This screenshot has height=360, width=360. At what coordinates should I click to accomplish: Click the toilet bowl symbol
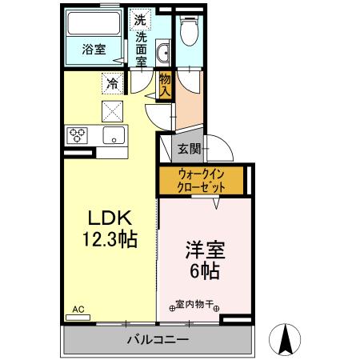190,30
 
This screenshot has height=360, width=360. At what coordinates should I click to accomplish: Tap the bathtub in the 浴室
94,23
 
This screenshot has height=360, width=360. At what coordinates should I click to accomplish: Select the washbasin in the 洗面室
162,53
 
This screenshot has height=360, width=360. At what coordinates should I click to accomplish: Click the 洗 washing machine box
140,19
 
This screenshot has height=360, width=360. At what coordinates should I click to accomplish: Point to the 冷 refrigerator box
112,83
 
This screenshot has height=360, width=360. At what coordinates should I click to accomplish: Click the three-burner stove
78,135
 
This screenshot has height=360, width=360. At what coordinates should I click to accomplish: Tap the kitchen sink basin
114,135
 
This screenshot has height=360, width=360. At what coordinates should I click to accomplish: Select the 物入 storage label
165,85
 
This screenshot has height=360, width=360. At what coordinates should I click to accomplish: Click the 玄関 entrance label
190,149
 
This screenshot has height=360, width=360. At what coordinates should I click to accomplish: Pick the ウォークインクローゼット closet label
201,181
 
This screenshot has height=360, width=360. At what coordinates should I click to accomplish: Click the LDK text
110,218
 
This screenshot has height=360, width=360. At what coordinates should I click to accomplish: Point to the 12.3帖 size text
110,239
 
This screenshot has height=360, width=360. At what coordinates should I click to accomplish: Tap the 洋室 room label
206,250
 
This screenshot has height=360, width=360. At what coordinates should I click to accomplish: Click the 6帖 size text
205,270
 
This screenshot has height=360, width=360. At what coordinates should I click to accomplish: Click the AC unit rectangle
78,318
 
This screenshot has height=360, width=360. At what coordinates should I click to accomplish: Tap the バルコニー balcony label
158,340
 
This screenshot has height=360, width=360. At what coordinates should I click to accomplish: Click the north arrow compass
285,339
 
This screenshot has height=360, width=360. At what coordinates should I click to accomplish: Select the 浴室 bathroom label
94,50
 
